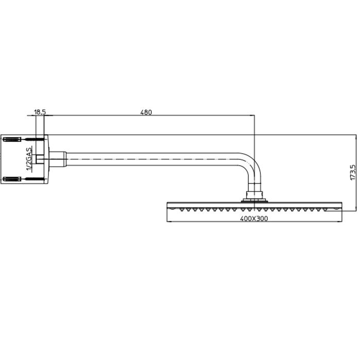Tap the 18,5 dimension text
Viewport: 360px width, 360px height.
[40, 112]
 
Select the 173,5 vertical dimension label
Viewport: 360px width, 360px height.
[352, 172]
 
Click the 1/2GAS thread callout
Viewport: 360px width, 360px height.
[30, 159]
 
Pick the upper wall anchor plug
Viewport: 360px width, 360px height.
[12, 139]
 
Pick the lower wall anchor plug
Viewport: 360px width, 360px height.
[12, 179]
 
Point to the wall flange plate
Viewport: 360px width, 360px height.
[45, 159]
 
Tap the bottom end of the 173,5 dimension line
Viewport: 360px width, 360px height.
[356, 210]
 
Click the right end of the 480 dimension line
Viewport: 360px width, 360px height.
[255, 116]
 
